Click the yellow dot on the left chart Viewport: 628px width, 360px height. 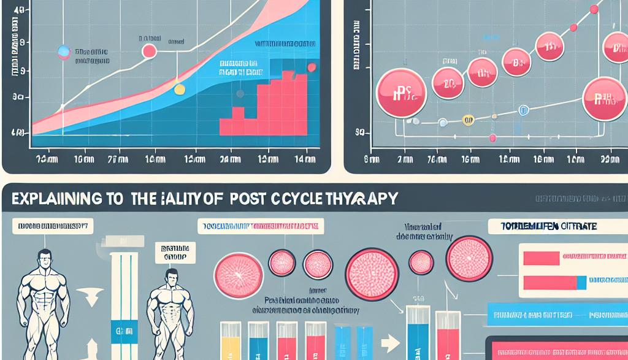179,90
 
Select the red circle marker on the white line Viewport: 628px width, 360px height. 149,52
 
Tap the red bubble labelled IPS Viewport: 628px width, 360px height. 400,93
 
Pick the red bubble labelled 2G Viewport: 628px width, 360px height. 448,83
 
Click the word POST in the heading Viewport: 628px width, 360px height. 256,199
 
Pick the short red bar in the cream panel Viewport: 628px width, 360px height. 540,258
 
